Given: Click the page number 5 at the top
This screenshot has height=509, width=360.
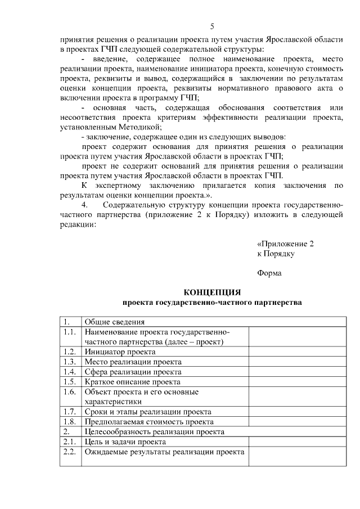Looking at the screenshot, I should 213,26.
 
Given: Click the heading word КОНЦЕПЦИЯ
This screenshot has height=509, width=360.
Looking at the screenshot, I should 213,292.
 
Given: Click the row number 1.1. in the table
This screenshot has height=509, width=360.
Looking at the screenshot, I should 70,332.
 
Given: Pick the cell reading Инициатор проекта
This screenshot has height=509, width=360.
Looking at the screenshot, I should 120,352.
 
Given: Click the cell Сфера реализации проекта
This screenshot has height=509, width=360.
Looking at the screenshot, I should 133,372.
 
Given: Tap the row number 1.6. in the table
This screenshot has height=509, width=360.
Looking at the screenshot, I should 70,392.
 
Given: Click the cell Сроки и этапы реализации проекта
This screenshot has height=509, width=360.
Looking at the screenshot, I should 147,412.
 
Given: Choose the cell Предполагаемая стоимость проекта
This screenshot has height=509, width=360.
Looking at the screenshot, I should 148,422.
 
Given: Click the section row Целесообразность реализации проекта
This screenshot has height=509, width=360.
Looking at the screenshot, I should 154,432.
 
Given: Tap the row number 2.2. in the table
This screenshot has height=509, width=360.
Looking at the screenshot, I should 70,452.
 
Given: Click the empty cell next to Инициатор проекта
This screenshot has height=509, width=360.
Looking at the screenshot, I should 297,352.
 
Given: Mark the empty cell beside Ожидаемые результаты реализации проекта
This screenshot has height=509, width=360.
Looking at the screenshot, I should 297,457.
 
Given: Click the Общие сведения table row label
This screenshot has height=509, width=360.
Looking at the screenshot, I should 115,322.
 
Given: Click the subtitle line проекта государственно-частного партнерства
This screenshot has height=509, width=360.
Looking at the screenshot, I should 213,303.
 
